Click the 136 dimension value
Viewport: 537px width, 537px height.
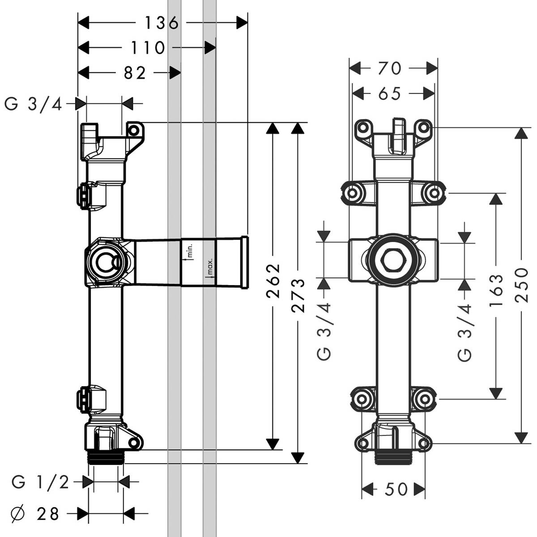tap(161, 23)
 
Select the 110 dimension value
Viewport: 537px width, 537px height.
tap(147, 47)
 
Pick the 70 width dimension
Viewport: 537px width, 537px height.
tap(389, 68)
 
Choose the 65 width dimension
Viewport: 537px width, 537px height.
tap(389, 94)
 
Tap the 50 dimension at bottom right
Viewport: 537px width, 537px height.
tap(396, 490)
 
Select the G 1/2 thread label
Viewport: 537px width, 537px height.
tap(40, 482)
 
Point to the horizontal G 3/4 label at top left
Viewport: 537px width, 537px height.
tap(32, 104)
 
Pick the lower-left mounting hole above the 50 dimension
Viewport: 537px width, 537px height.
tap(362, 444)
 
